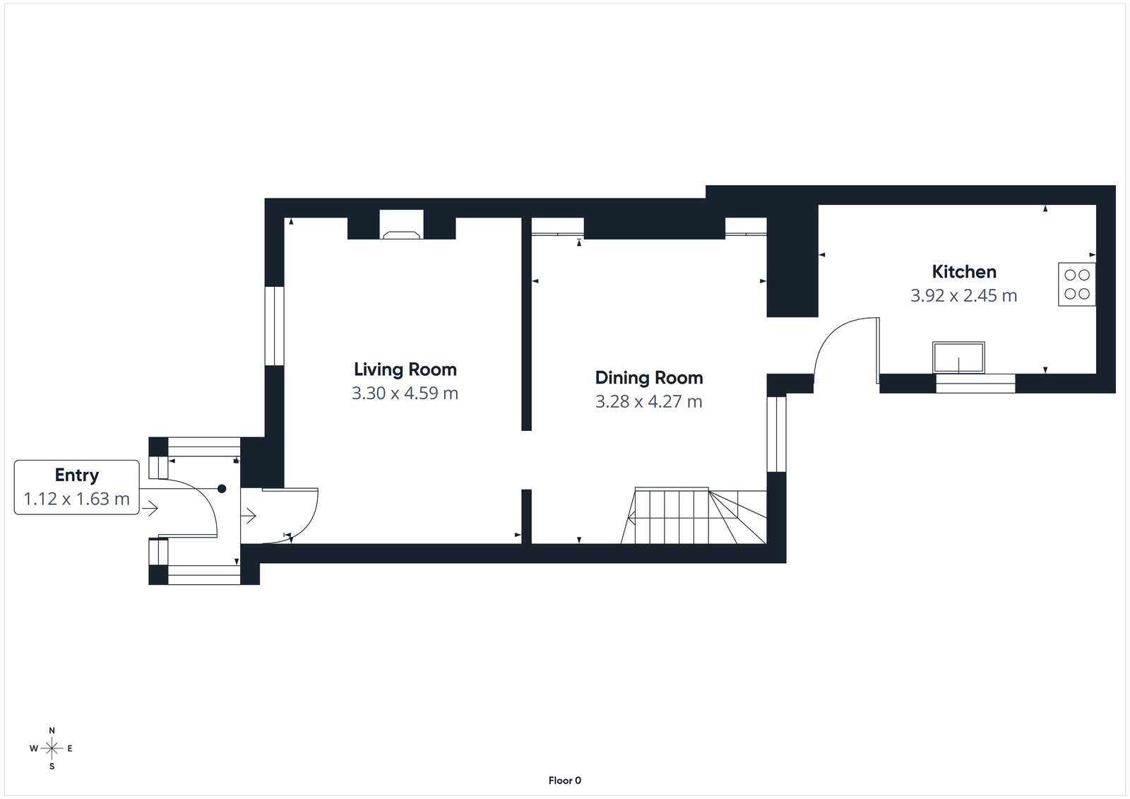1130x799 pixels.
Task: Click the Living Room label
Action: [405, 369]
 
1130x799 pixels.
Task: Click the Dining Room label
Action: [648, 378]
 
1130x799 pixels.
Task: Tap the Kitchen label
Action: [963, 272]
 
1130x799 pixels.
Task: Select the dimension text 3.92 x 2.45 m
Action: [963, 296]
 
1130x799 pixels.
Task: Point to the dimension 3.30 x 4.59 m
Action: [405, 393]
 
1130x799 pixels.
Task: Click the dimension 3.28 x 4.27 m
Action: [648, 402]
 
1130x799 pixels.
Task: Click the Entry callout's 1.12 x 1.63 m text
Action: [76, 499]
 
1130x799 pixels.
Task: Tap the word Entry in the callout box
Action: [76, 475]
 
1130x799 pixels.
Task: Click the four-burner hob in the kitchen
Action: [1076, 284]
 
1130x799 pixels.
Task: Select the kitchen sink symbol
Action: [958, 357]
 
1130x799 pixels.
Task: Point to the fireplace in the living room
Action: [401, 225]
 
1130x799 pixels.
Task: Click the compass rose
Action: [52, 748]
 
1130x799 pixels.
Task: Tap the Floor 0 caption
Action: [564, 781]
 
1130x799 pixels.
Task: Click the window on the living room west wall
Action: [274, 326]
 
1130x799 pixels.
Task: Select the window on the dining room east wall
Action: [776, 434]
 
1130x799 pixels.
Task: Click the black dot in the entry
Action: [222, 489]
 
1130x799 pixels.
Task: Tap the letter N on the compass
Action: [52, 730]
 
